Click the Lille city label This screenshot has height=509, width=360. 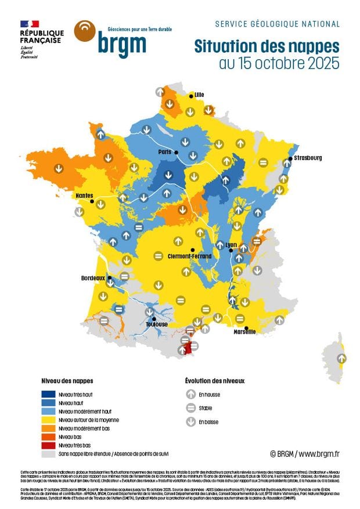point(200,95)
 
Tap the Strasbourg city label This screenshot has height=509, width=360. point(308,158)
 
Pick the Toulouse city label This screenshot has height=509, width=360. point(157,324)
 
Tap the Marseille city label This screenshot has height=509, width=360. point(244,331)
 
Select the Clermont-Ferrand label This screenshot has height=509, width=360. point(188,256)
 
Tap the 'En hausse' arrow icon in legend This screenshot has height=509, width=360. point(190,394)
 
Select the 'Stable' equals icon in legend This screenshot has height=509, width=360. point(190,408)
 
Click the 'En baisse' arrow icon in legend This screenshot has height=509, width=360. point(190,422)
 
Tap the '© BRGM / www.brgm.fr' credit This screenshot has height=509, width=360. point(305,453)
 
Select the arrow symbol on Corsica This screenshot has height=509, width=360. point(342,359)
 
